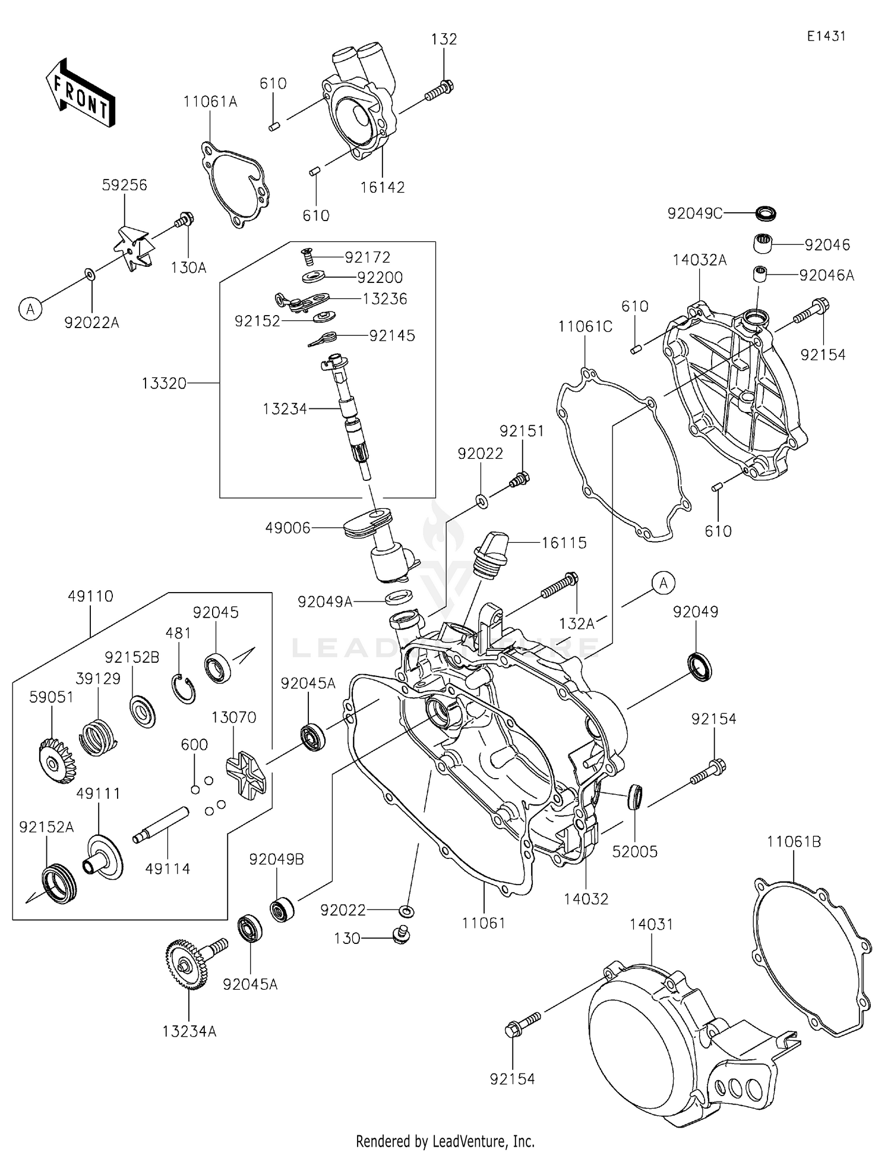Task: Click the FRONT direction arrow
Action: coord(80,93)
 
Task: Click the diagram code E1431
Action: coord(826,36)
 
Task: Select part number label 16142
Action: coord(382,187)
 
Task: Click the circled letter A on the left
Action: coord(30,309)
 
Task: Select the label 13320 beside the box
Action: coord(164,383)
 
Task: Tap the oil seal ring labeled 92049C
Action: coord(766,212)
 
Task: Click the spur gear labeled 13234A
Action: coord(186,964)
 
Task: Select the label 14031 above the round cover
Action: coord(651,924)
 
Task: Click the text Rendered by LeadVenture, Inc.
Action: coord(445,1141)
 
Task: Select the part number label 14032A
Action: coord(699,260)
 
